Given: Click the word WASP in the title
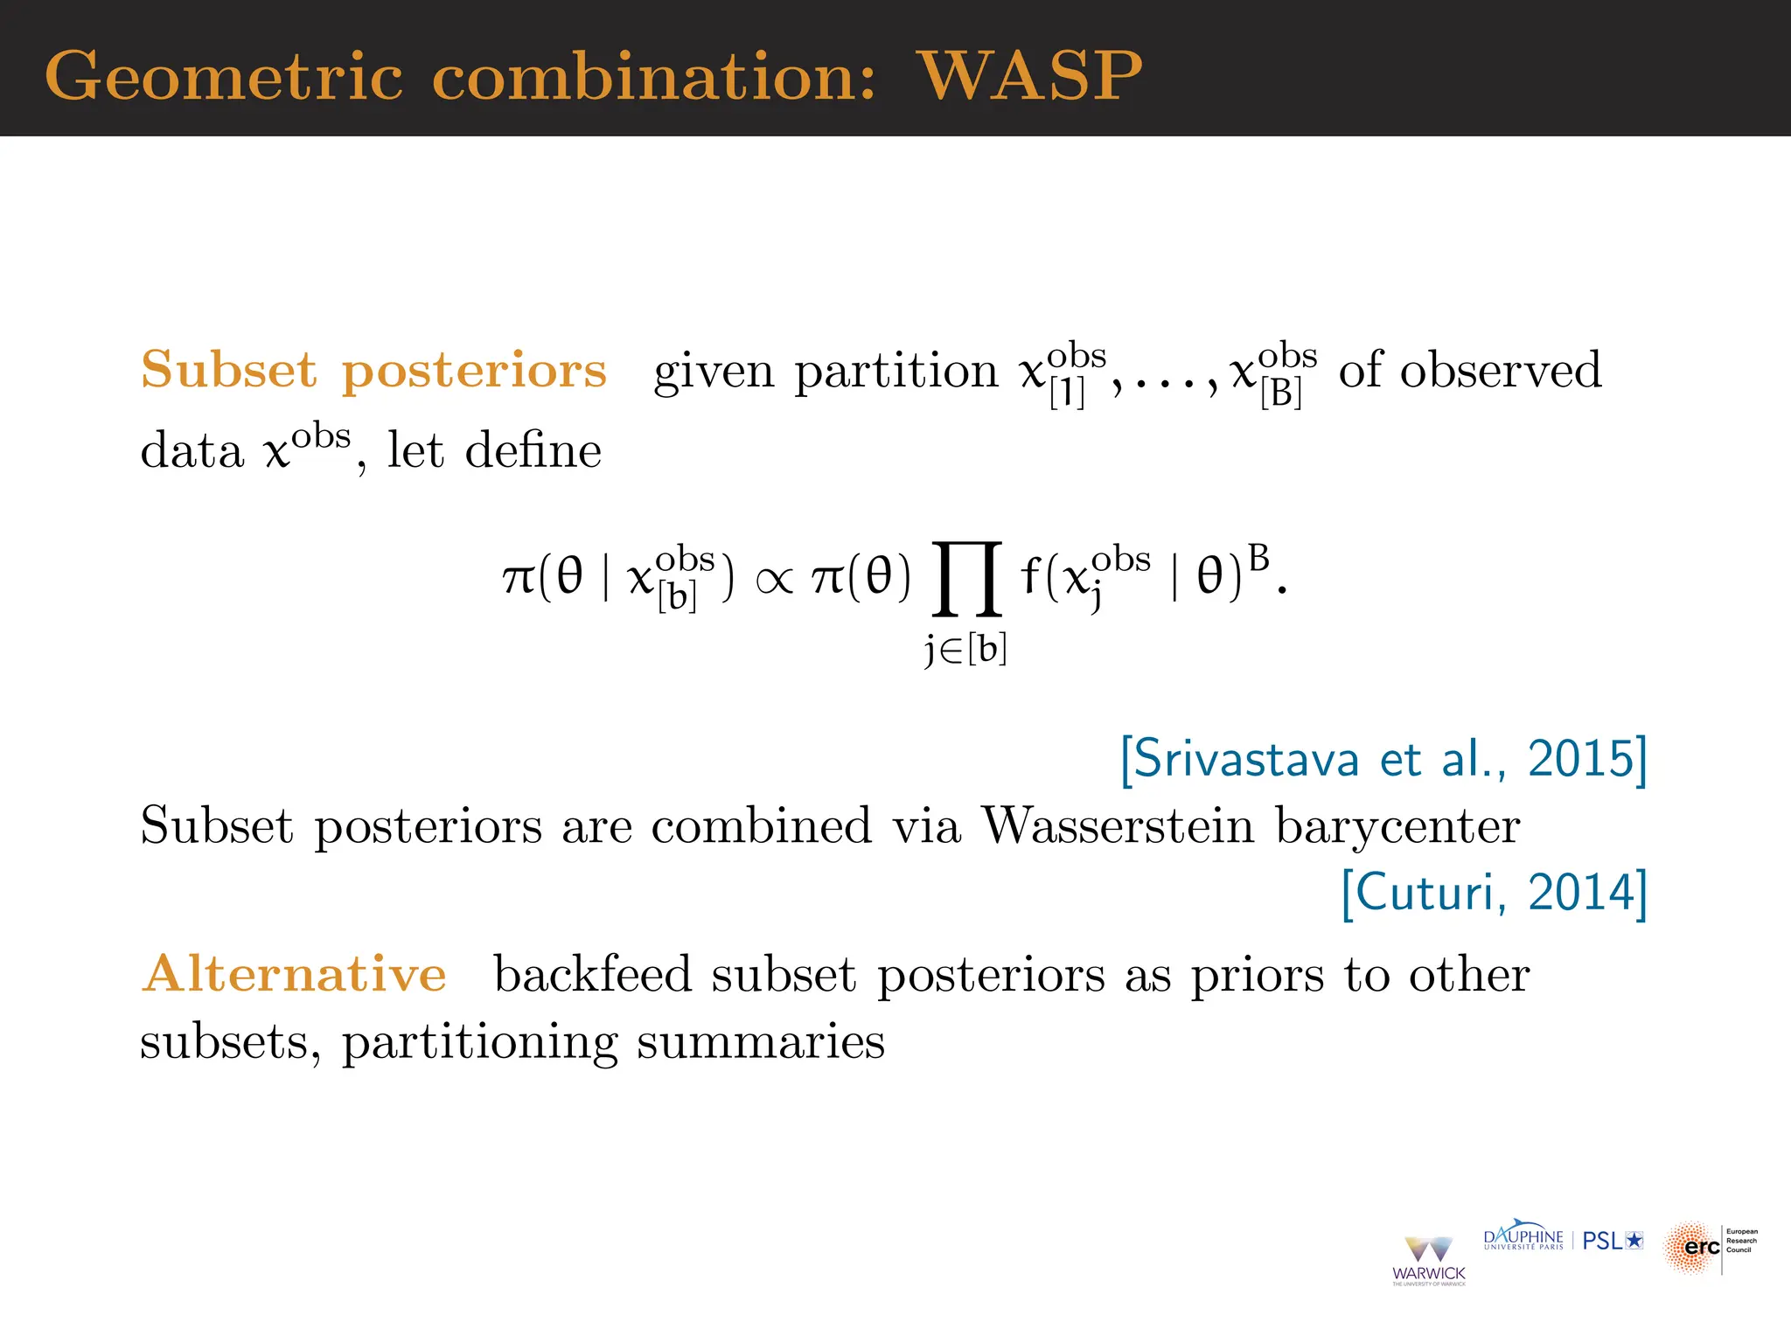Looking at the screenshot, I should point(1029,76).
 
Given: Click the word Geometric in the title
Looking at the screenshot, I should point(224,76).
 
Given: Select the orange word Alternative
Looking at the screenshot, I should point(295,974).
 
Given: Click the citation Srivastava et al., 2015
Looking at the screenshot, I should point(1383,759).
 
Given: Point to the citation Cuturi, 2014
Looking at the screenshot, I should point(1494,893).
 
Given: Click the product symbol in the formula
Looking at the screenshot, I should point(966,578).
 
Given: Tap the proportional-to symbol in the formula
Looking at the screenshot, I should point(774,580).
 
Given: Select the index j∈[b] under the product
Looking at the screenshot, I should point(966,650).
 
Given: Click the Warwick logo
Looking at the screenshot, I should point(1428,1260).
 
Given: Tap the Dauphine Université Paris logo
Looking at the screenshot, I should point(1523,1238).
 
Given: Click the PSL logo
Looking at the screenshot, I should point(1613,1241).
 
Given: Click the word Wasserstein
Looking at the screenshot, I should point(1118,825).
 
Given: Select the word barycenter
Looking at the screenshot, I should point(1397,827).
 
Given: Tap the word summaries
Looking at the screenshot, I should point(760,1042).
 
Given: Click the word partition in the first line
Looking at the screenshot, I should point(895,372).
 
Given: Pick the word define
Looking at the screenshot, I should point(533,451).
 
